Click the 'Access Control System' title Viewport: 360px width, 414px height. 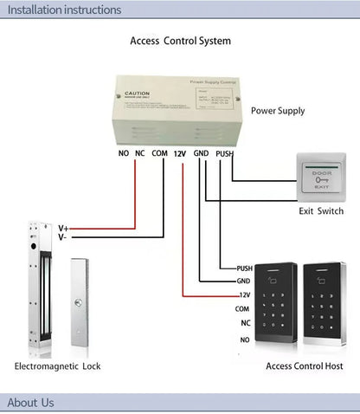(180, 41)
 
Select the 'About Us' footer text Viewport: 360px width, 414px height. (30, 402)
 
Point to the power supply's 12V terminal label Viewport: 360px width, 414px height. (180, 153)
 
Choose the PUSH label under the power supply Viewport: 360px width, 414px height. (224, 153)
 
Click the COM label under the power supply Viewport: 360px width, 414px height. (159, 153)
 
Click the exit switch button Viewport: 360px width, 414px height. (320, 177)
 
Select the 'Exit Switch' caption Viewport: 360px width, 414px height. (321, 211)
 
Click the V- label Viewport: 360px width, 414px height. (62, 236)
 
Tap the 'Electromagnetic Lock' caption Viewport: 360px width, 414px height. (57, 366)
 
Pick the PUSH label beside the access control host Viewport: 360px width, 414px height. (243, 268)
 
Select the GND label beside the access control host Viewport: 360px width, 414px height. (243, 281)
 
